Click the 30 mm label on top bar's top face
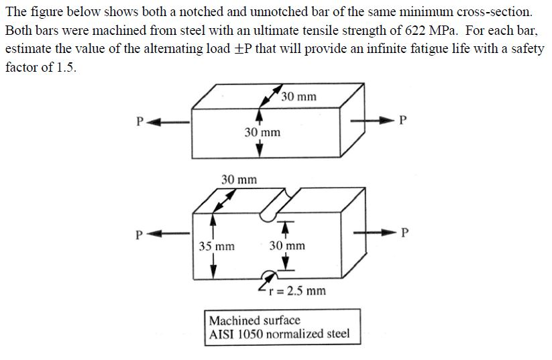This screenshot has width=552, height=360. pos(299,97)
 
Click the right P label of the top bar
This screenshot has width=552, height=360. pos(402,121)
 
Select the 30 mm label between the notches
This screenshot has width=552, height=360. pos(287,246)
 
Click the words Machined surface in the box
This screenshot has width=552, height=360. pos(255,320)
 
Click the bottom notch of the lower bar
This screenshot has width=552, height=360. pos(269,276)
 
